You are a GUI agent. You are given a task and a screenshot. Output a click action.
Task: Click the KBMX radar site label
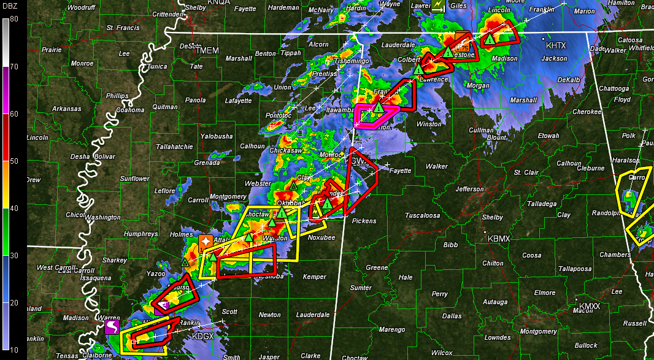(498, 238)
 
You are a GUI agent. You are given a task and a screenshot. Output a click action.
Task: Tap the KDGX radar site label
(202, 336)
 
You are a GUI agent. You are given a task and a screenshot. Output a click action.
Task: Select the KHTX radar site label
(556, 46)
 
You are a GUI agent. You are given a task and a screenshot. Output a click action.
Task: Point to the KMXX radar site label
(590, 305)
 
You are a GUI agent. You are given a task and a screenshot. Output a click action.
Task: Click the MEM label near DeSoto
(209, 50)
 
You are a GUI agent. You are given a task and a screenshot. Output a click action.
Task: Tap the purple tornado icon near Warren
(112, 326)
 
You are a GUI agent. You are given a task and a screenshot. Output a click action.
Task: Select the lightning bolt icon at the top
(438, 6)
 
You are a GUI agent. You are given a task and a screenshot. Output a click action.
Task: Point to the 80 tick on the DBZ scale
(13, 18)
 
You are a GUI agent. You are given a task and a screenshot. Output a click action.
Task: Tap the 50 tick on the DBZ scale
(13, 161)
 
